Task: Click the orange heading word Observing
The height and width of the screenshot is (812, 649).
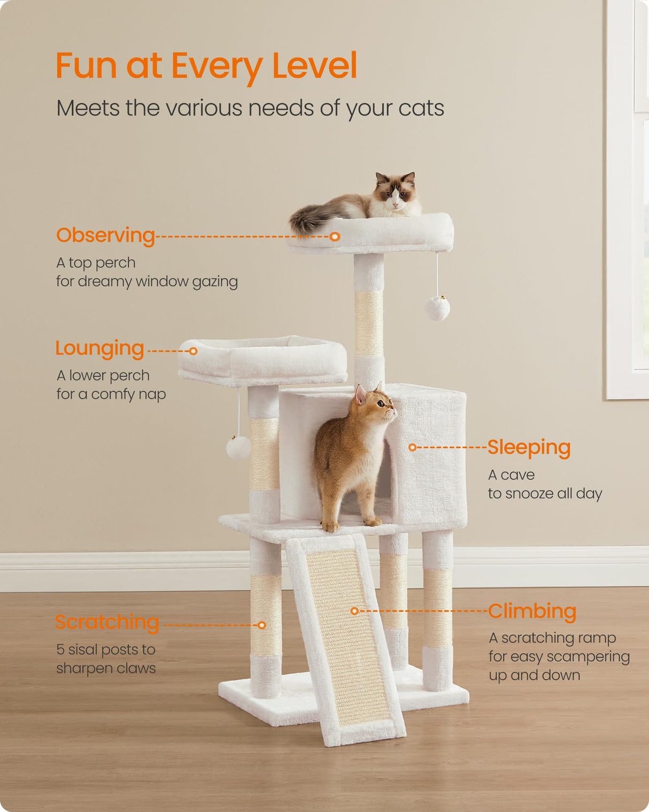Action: [x=105, y=235]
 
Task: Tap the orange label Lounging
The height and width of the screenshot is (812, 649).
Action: [x=100, y=348]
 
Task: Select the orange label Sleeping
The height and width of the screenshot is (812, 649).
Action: [x=529, y=447]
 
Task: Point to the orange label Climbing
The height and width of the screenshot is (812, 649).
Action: [x=532, y=611]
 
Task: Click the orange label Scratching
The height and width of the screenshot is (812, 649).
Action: [x=107, y=622]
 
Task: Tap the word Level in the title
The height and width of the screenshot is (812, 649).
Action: [x=314, y=66]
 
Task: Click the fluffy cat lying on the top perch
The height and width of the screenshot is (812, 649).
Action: [x=374, y=201]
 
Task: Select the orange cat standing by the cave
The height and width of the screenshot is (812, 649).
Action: [x=353, y=460]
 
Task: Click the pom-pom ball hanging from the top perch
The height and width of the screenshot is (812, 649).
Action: [x=437, y=309]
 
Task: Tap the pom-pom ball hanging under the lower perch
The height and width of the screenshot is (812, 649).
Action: [x=238, y=448]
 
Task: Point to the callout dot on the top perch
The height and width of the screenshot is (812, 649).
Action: [x=335, y=236]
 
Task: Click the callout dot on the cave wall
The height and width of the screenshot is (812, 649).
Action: [x=412, y=447]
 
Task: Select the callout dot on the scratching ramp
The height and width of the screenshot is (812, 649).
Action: [x=354, y=611]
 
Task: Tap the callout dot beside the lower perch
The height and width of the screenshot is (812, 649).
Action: [x=194, y=351]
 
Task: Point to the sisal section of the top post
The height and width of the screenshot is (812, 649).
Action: [x=369, y=324]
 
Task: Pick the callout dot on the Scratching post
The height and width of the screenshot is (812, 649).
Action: [x=262, y=625]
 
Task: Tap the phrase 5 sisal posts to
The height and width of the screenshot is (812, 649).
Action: [x=106, y=649]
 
